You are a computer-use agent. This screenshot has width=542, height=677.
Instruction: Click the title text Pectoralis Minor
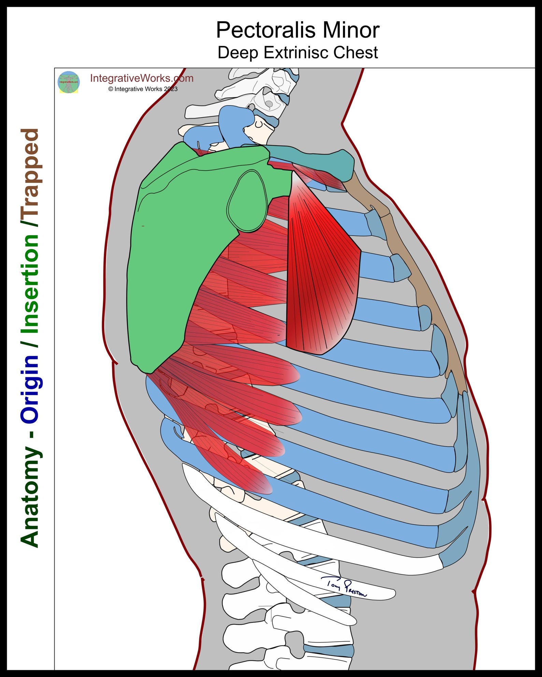297,30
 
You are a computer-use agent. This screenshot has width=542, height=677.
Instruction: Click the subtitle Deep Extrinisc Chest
297,53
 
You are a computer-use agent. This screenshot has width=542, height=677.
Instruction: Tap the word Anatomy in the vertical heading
30,498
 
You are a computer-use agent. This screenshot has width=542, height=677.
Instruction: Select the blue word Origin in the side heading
30,389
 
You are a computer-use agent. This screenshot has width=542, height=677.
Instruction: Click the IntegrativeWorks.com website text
142,78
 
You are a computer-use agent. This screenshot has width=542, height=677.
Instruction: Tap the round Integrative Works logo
69,82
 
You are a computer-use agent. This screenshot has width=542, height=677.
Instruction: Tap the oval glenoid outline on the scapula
247,201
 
